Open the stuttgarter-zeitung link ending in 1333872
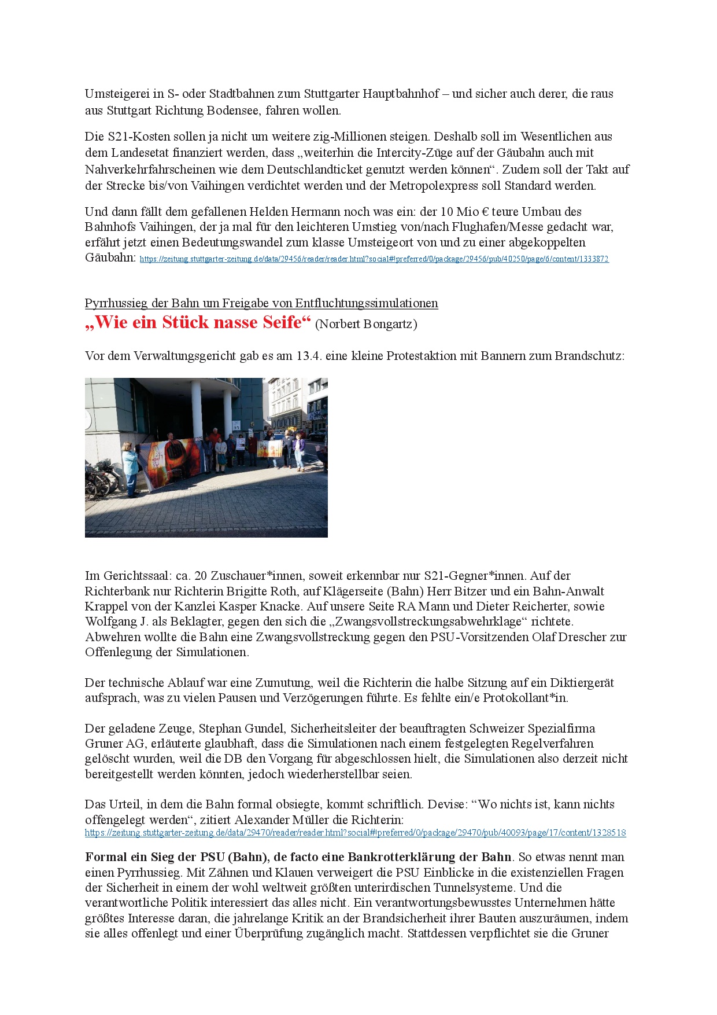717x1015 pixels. tap(374, 259)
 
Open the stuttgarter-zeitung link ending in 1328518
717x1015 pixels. tap(355, 833)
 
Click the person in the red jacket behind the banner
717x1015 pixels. tap(252, 448)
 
